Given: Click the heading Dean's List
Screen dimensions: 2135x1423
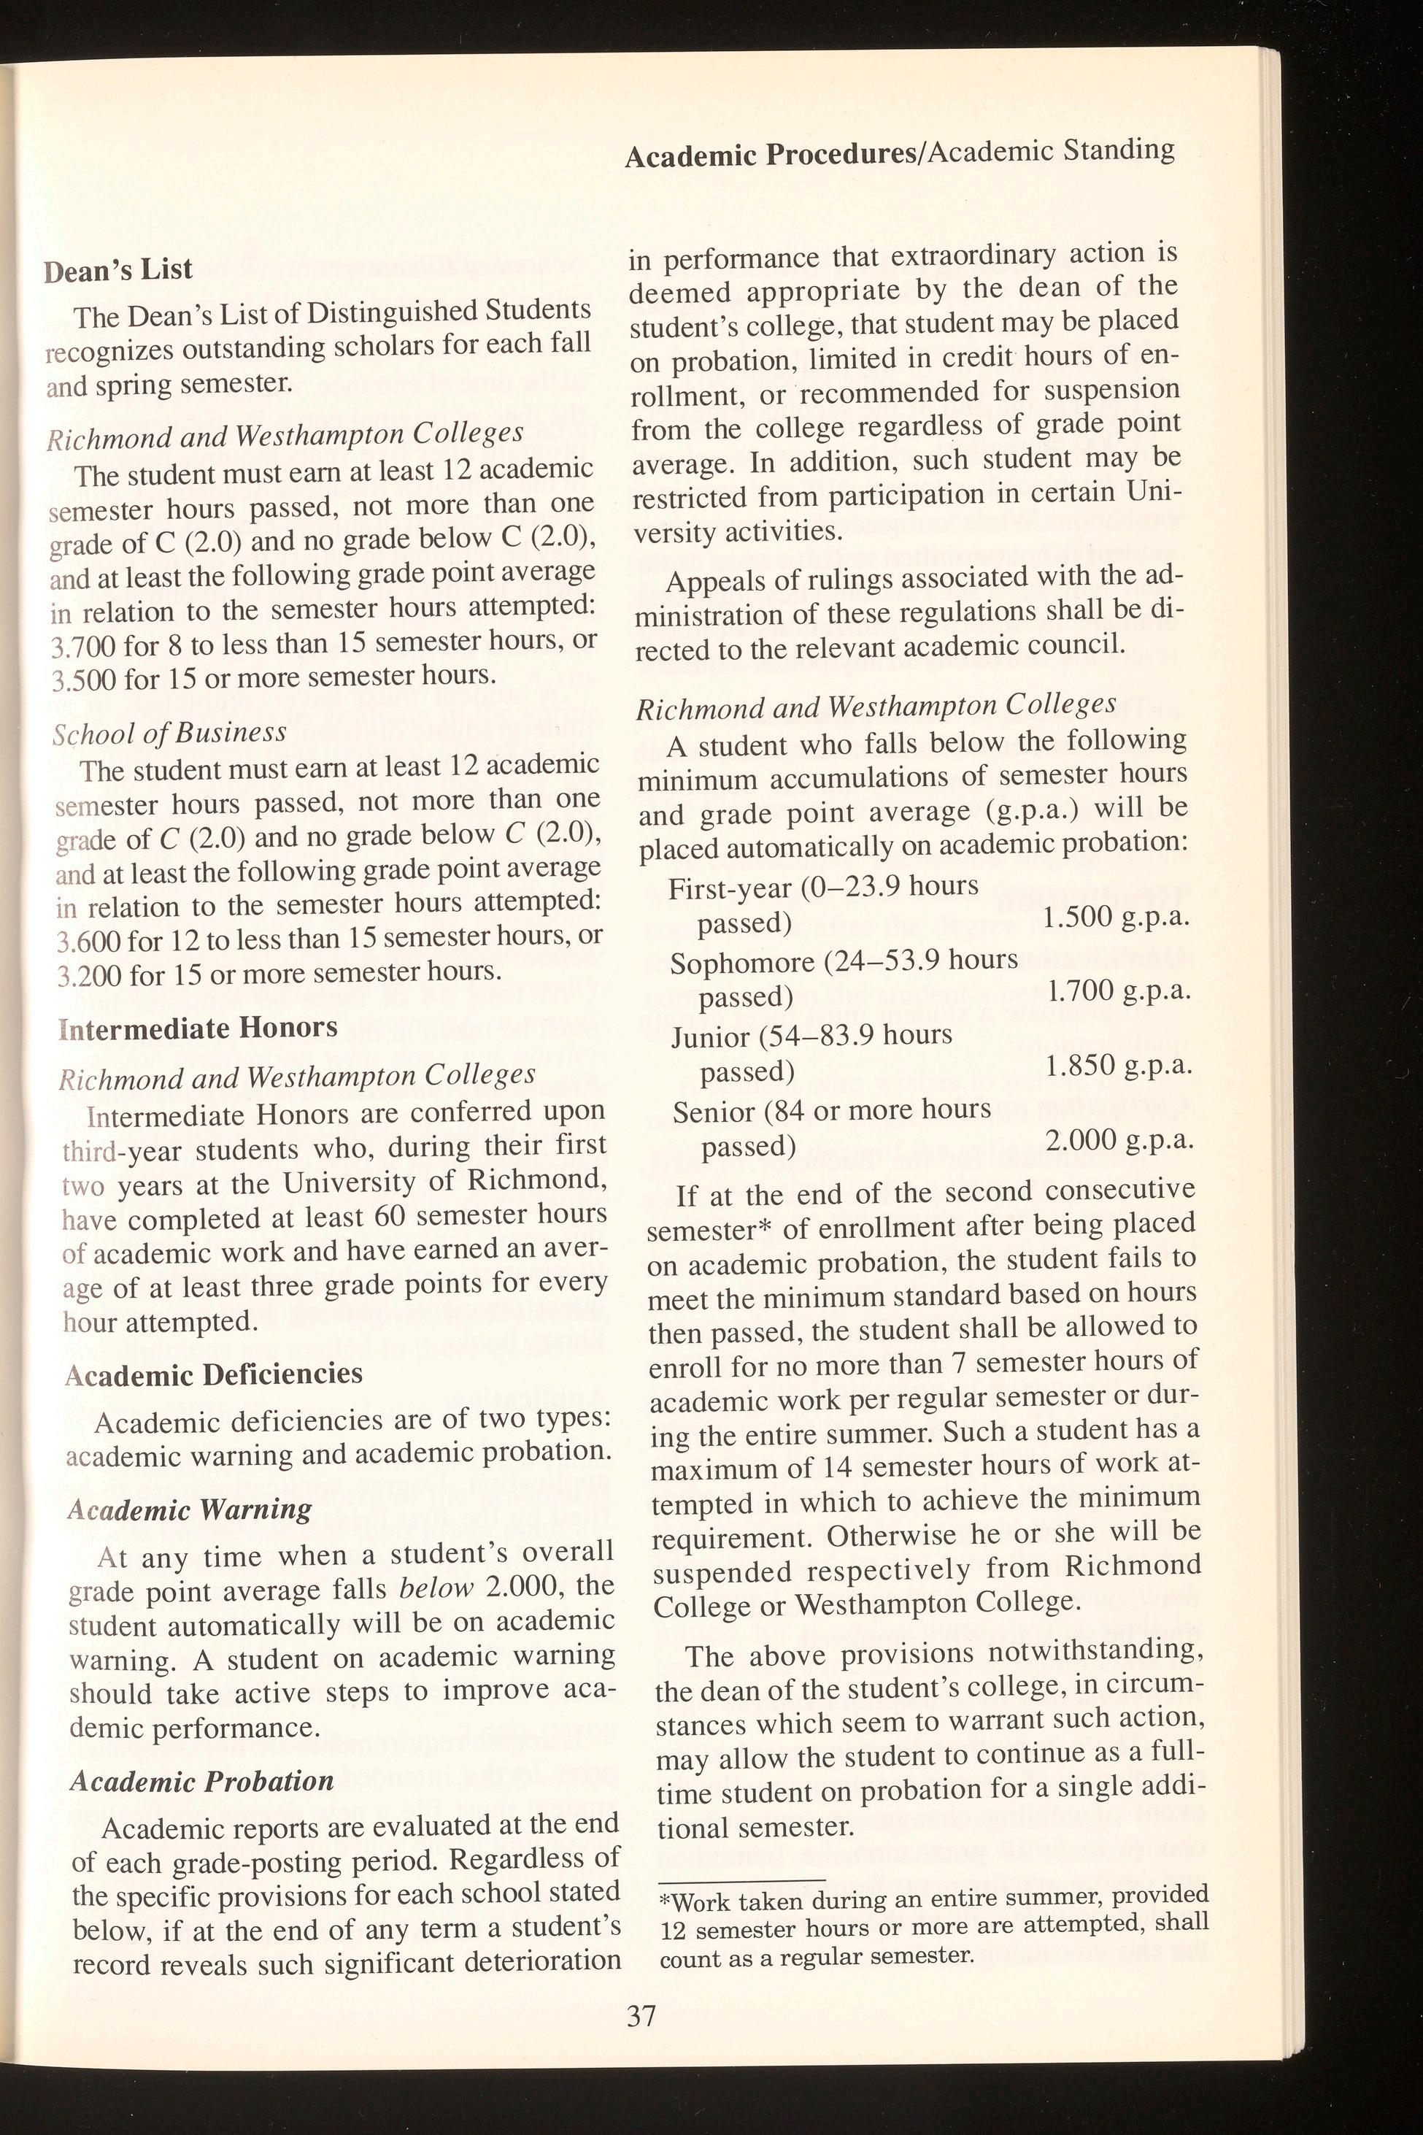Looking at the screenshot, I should coord(119,269).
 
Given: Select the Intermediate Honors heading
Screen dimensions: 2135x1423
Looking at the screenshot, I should coord(198,1028).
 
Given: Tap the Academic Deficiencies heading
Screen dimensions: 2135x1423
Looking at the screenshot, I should coord(214,1374).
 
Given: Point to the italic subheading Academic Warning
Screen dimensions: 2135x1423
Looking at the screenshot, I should coord(190,1509).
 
